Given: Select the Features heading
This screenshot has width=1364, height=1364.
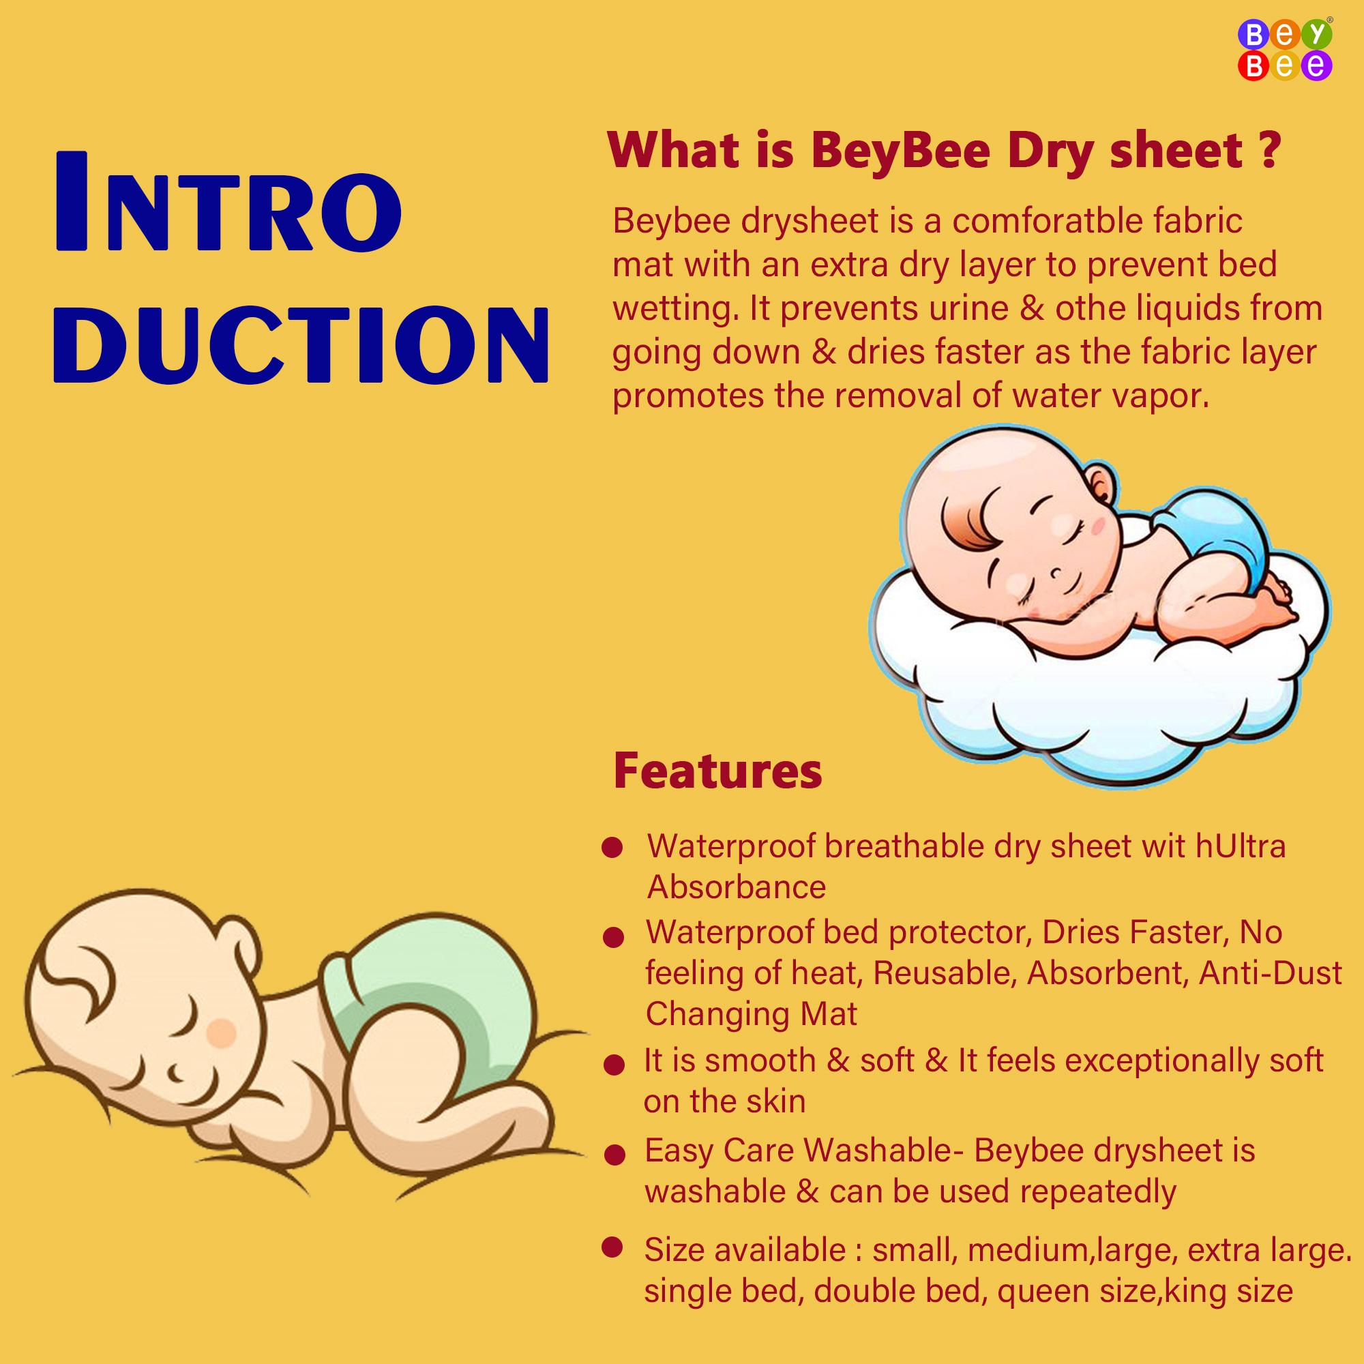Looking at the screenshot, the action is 717,771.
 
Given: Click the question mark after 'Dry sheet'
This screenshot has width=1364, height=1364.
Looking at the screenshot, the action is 1269,149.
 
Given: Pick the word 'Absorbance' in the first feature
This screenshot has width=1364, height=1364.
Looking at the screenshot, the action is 737,887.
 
